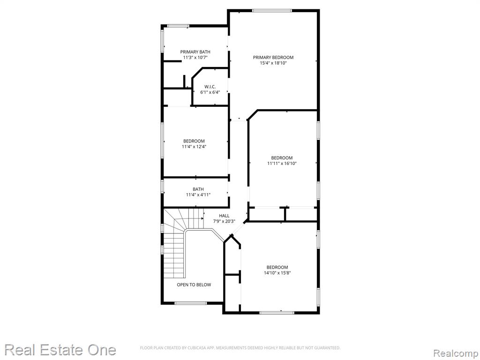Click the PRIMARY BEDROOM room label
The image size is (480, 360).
pyautogui.click(x=273, y=57)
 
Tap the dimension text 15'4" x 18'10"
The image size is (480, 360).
pyautogui.click(x=273, y=63)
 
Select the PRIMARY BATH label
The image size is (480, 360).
pyautogui.click(x=195, y=52)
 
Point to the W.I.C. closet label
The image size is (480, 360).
pyautogui.click(x=210, y=87)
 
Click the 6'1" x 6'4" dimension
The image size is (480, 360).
pyautogui.click(x=210, y=92)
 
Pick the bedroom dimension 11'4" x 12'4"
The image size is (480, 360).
pyautogui.click(x=194, y=147)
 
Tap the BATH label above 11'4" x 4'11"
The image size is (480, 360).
pyautogui.click(x=198, y=189)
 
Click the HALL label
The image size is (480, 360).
pyautogui.click(x=224, y=216)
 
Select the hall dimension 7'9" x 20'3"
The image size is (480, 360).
pyautogui.click(x=224, y=221)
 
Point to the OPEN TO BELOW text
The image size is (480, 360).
pyautogui.click(x=194, y=285)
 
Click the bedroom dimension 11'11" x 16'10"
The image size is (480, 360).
pyautogui.click(x=282, y=164)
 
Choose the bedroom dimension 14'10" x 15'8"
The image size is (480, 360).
pyautogui.click(x=277, y=273)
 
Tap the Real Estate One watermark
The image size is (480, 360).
pyautogui.click(x=60, y=350)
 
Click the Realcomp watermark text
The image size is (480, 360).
pyautogui.click(x=456, y=353)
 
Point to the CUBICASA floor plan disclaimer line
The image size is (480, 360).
pyautogui.click(x=240, y=348)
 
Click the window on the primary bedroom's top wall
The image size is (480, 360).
pyautogui.click(x=272, y=11)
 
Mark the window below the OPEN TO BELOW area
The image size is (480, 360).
pyautogui.click(x=190, y=303)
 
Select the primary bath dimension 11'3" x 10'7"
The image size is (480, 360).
pyautogui.click(x=195, y=57)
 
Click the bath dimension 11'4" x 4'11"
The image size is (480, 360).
pyautogui.click(x=198, y=195)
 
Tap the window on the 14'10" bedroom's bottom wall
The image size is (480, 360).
pyautogui.click(x=277, y=313)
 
